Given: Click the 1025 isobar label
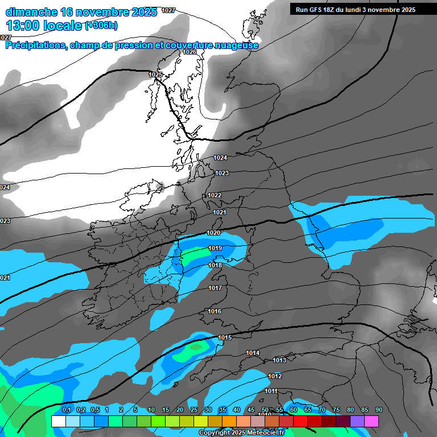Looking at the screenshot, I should tap(155, 75).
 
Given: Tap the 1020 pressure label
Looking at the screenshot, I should tap(213, 233).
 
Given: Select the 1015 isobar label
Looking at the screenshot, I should tap(225, 337).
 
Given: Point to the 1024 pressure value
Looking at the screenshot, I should tap(220, 158).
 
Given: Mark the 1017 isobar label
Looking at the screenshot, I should tap(215, 288).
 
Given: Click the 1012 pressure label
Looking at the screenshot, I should tap(275, 376).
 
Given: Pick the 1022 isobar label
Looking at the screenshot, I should tap(215, 195).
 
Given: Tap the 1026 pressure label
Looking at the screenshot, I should tap(189, 52).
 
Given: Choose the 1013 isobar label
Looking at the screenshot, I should tap(279, 360).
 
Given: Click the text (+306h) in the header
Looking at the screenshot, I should tap(101, 25).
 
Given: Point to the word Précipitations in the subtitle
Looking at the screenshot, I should tap(36, 46).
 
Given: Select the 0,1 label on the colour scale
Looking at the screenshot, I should tap(67, 410).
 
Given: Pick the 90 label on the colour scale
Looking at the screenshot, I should tap(378, 410).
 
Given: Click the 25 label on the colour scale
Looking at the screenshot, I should tap(194, 410).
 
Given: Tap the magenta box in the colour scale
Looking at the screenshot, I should tap(372, 421).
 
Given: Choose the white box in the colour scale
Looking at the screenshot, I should tap(58, 421).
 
